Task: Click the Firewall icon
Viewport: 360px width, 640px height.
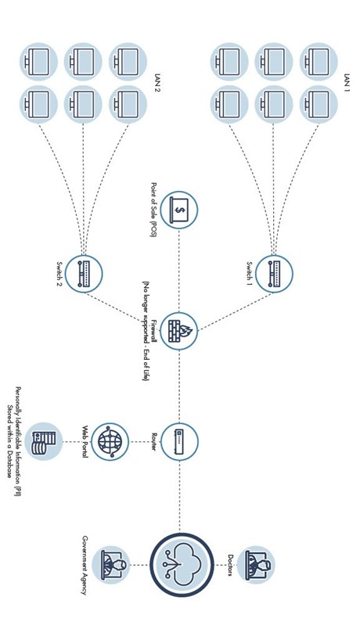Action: tap(178, 331)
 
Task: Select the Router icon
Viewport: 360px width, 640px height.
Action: tap(179, 441)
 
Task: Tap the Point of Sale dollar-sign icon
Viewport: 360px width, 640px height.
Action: tap(179, 210)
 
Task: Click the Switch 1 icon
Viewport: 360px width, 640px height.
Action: tap(274, 274)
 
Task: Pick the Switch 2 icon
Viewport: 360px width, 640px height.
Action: tap(84, 274)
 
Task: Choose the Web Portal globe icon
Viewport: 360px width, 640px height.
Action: tap(110, 441)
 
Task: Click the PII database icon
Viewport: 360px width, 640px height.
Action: tap(43, 441)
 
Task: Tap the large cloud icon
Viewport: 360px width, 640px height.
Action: tap(182, 565)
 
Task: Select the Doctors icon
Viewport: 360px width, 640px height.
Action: tap(256, 565)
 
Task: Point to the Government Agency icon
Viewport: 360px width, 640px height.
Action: tap(110, 565)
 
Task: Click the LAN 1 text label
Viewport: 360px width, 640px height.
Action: tap(347, 83)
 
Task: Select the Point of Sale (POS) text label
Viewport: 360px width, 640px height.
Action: tap(154, 210)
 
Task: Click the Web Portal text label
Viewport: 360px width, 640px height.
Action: tap(85, 441)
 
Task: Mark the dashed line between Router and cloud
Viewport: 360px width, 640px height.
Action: tap(179, 497)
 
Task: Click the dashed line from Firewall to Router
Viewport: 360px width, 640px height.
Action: tap(179, 387)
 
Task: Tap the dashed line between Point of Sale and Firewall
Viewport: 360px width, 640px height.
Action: tap(179, 271)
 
